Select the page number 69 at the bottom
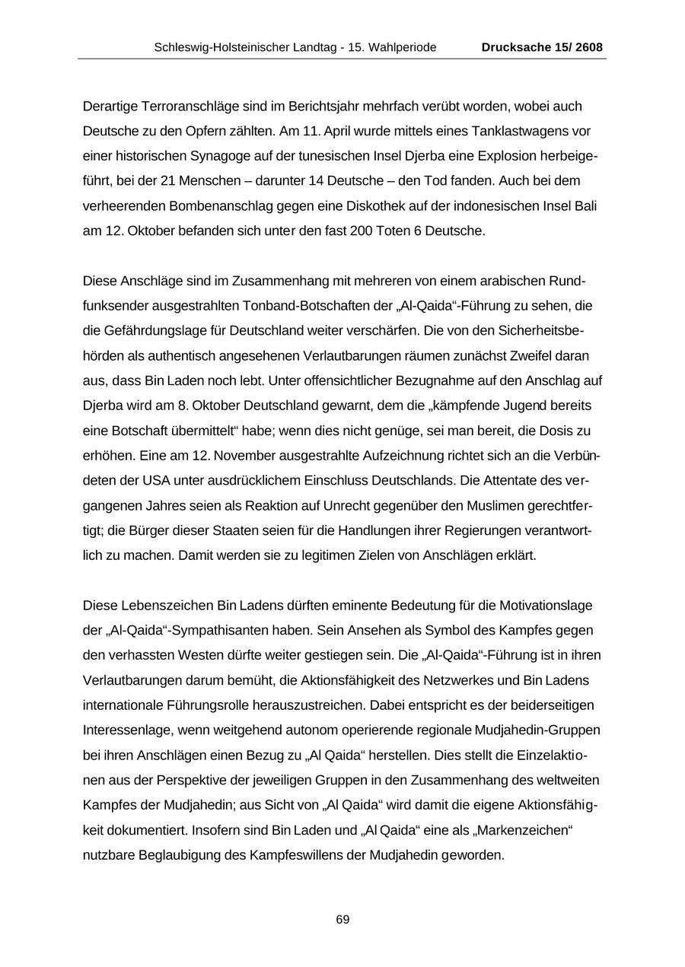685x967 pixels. point(342,920)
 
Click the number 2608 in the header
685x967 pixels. point(589,47)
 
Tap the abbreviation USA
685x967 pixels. point(149,480)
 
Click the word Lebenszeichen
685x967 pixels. point(167,606)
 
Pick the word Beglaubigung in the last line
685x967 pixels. point(180,854)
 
